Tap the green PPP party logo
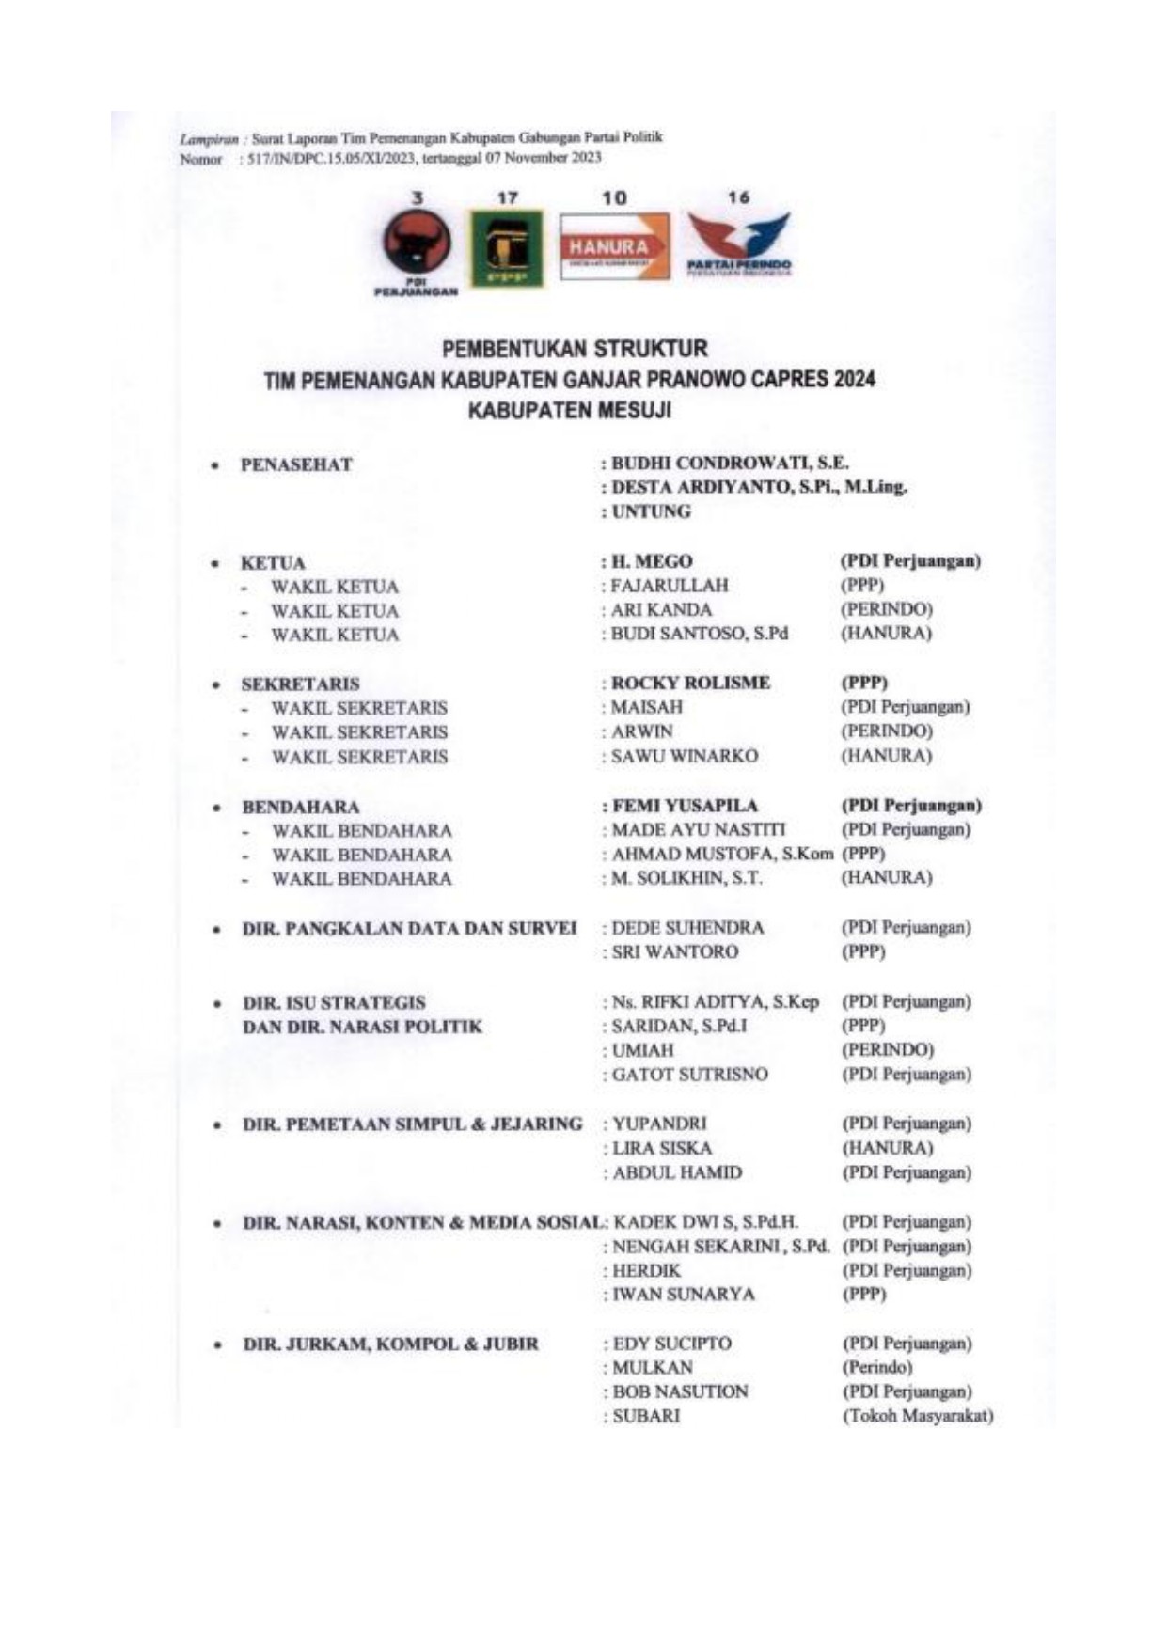[507, 247]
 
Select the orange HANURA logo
[614, 246]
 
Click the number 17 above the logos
[508, 198]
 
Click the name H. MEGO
[651, 561]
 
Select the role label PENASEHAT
[296, 464]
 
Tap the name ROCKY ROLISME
[690, 683]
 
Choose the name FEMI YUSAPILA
[685, 806]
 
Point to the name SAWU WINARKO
[684, 756]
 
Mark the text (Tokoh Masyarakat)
[918, 1416]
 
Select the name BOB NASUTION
[680, 1391]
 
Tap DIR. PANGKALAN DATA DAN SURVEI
[410, 928]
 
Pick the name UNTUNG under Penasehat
[651, 511]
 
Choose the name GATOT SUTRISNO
[689, 1074]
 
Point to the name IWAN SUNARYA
[683, 1294]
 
